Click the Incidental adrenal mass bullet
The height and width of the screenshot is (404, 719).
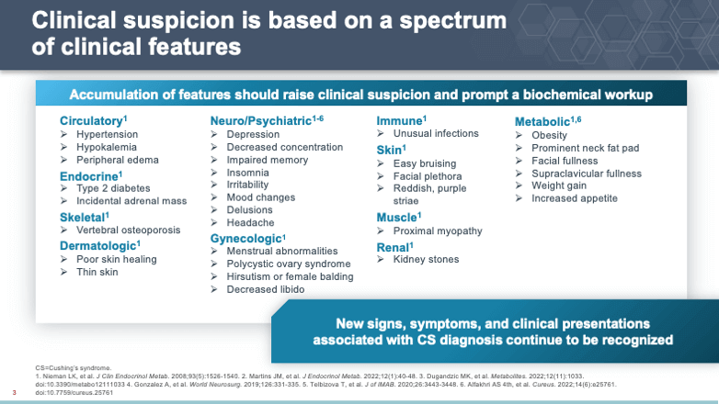(x=131, y=200)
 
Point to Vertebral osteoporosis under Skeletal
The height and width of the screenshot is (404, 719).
(x=129, y=230)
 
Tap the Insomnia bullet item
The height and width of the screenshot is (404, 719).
(x=247, y=172)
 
